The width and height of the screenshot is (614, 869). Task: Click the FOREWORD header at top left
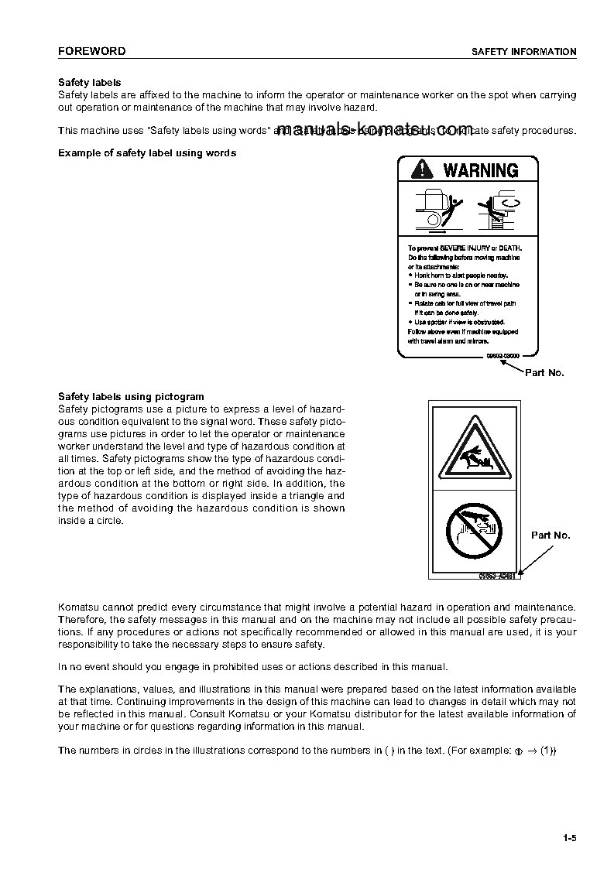(91, 52)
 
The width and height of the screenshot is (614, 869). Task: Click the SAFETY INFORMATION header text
(524, 52)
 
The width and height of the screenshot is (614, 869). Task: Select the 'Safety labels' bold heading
(90, 83)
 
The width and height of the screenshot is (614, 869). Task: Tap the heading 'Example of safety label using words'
(147, 153)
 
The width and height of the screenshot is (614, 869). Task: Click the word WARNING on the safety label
(480, 170)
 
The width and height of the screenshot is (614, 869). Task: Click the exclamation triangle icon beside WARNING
(423, 170)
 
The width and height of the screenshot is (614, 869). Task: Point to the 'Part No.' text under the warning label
(544, 373)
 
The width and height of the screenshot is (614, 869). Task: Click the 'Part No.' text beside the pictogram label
(551, 535)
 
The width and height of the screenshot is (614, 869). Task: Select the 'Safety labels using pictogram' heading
(132, 397)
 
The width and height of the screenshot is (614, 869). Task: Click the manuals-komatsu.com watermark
(373, 128)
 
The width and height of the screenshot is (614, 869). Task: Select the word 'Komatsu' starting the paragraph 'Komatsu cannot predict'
(77, 607)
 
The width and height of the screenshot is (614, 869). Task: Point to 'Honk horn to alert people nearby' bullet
(460, 275)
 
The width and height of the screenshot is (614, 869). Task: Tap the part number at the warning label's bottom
(503, 354)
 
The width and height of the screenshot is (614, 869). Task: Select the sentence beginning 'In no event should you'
(252, 667)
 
